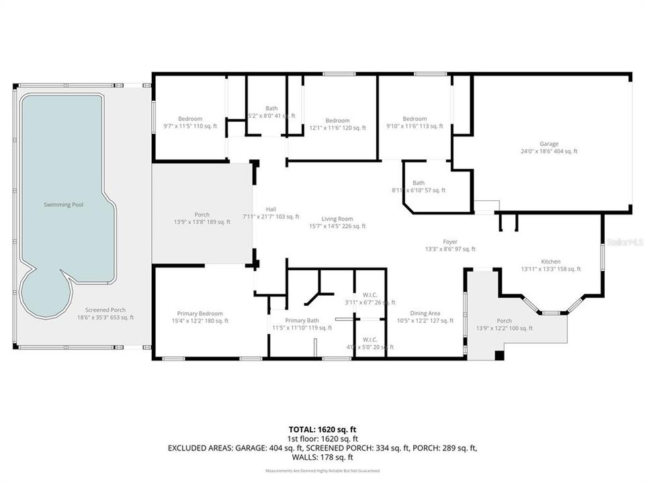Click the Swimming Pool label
pos(64,204)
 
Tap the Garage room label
pos(549,143)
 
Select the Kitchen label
pos(551,261)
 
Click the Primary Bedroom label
pos(200,313)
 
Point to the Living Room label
pos(337,218)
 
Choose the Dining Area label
pos(425,313)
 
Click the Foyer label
pos(449,241)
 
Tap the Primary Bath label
pos(302,321)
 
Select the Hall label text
pos(271,209)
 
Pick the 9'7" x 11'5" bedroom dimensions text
pos(189,127)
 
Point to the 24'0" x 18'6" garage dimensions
pos(549,151)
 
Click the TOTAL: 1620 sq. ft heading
pos(322,428)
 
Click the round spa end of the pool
pos(44,296)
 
